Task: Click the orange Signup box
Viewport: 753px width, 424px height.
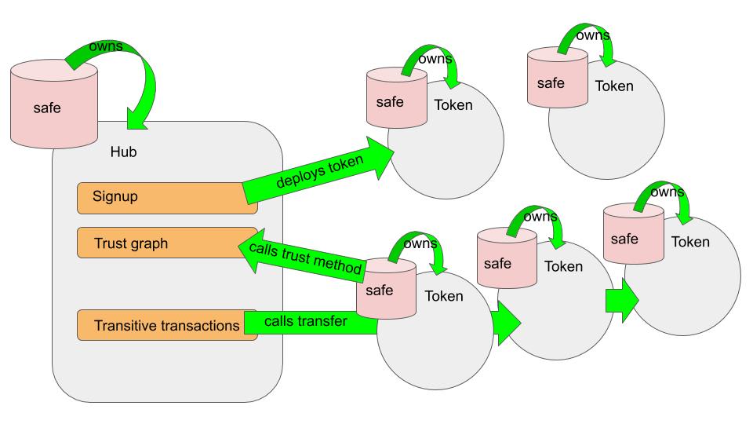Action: pos(167,197)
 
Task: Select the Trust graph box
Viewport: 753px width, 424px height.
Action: pos(167,243)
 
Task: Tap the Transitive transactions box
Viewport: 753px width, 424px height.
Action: pos(167,325)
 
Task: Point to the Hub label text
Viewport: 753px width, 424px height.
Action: pos(123,152)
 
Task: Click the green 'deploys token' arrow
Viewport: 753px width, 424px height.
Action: pos(318,172)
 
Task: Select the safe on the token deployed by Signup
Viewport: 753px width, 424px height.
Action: pos(396,101)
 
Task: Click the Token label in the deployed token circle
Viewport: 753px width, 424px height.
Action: pos(453,104)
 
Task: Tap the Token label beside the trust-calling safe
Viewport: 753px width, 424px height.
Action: pos(444,296)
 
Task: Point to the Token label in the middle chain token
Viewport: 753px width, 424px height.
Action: pos(563,266)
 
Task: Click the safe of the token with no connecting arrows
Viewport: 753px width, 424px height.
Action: pos(557,81)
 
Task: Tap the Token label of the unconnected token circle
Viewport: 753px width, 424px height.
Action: pos(613,86)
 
